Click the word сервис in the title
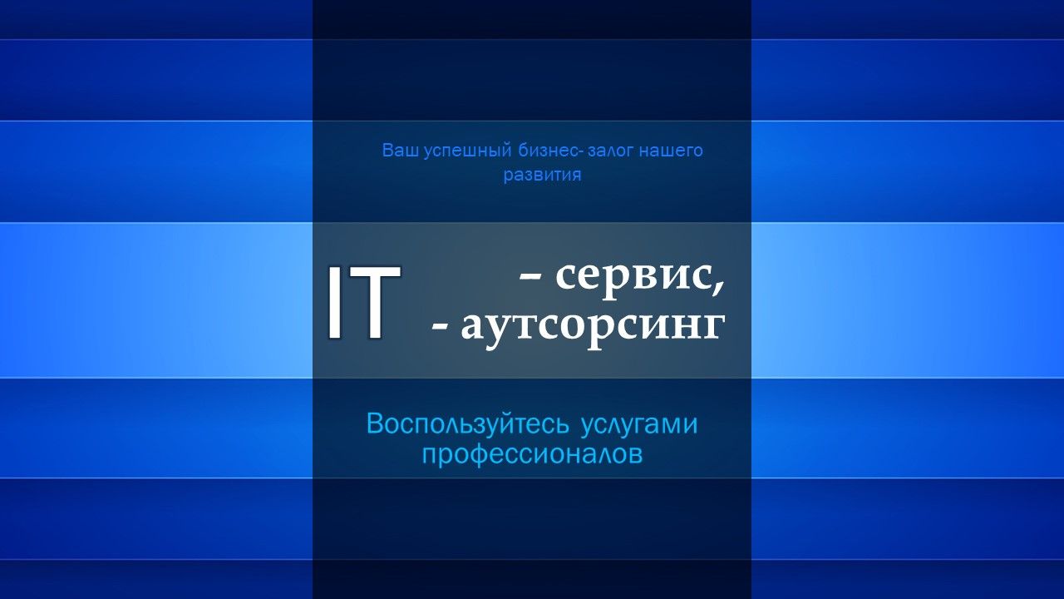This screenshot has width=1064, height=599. [x=634, y=277]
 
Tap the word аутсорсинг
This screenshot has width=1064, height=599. [x=593, y=328]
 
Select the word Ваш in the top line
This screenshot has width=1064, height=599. [x=400, y=151]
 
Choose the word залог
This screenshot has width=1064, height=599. [x=610, y=151]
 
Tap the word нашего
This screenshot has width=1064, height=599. [x=671, y=151]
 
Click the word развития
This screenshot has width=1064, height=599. [x=543, y=176]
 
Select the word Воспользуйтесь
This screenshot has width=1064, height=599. [x=468, y=424]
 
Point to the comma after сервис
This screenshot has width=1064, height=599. [x=719, y=287]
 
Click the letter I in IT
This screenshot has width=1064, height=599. [x=334, y=301]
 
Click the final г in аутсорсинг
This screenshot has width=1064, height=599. [x=714, y=328]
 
